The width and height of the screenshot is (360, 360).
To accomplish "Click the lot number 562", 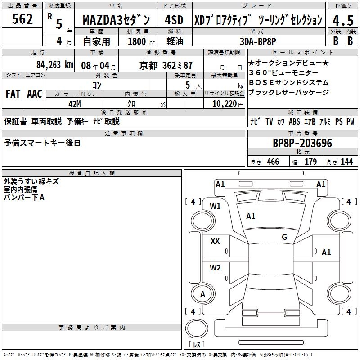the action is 22,19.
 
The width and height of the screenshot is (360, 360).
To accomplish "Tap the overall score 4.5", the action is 342,20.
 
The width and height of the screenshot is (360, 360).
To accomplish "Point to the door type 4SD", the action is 174,20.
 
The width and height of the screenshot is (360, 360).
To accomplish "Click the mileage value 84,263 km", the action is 54,64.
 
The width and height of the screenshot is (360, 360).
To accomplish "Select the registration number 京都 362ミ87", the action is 166,64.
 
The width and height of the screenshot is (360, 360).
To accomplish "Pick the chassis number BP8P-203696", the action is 302,143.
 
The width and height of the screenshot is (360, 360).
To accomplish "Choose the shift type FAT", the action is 13,94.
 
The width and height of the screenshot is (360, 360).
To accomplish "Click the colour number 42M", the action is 74,104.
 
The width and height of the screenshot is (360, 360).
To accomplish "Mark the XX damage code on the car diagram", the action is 215,241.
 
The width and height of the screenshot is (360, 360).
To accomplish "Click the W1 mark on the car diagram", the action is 215,206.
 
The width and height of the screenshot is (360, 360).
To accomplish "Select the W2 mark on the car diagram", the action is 215,268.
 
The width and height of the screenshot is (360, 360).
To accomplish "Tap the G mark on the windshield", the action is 284,237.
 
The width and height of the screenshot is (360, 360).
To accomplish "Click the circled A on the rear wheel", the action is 202,294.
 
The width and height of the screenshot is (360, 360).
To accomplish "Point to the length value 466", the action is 273,162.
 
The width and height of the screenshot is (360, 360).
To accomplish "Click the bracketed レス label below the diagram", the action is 196,345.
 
